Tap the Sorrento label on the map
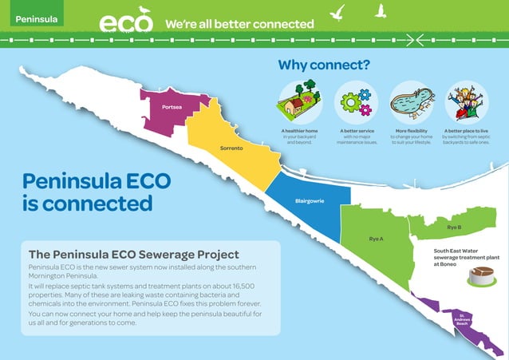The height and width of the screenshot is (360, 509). coord(231,149)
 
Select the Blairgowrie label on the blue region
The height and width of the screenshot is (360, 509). coord(309,200)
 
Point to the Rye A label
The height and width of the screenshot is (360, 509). coord(376,239)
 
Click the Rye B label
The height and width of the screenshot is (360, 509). coord(453,227)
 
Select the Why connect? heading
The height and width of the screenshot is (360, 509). coord(323,65)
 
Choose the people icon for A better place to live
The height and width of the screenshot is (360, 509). coord(467,103)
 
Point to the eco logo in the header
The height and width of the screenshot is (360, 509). coord(126,21)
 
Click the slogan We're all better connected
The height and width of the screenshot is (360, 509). coord(239,24)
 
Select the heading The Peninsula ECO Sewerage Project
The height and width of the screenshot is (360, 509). coord(133,254)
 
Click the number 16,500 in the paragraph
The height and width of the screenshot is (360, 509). coord(237,286)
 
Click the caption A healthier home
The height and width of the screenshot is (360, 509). coord(300,130)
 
